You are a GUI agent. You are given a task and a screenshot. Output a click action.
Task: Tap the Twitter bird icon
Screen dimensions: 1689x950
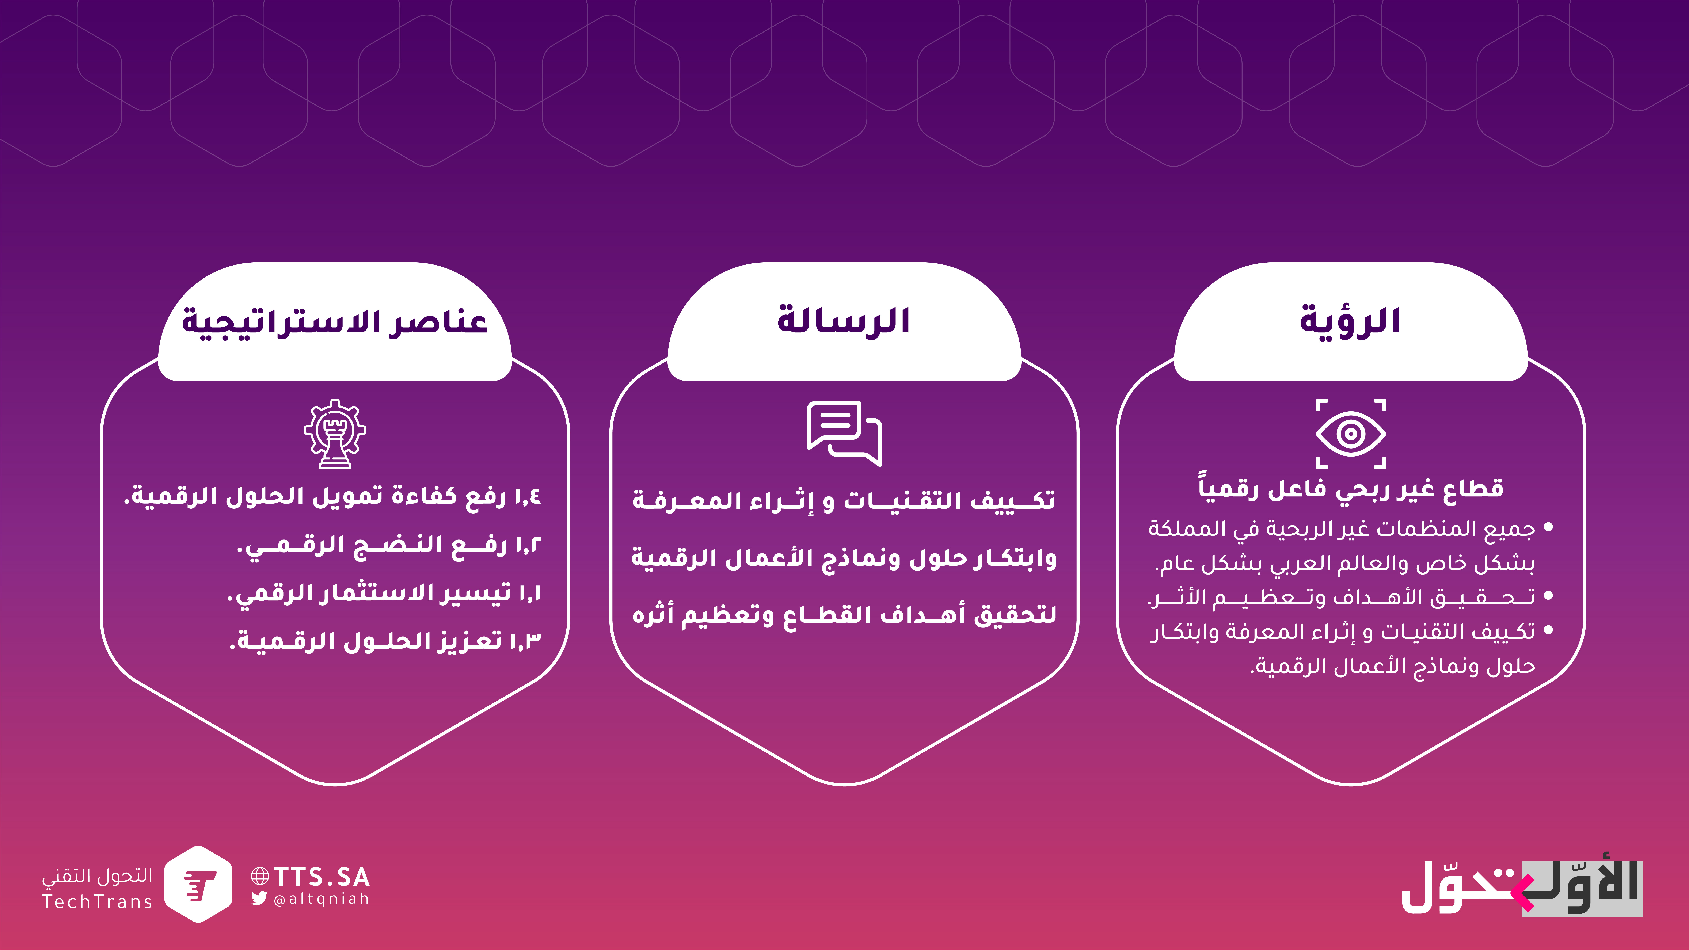click(259, 898)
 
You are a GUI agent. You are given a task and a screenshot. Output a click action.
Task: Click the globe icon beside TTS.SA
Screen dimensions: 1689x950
click(260, 876)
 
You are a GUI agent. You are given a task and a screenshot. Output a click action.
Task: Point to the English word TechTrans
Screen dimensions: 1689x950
click(97, 902)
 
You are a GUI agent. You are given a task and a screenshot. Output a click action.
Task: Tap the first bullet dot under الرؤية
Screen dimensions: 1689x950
click(1549, 527)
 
